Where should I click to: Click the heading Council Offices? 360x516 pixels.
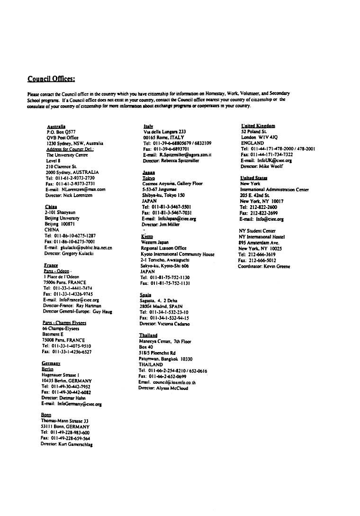[x=51, y=79]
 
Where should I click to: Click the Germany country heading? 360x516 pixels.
[x=51, y=363]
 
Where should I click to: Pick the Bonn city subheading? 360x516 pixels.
[x=46, y=415]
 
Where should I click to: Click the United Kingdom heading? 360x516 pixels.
[x=258, y=126]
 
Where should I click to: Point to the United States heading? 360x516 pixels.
[x=254, y=178]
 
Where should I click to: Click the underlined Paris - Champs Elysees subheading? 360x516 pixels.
[x=64, y=322]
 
